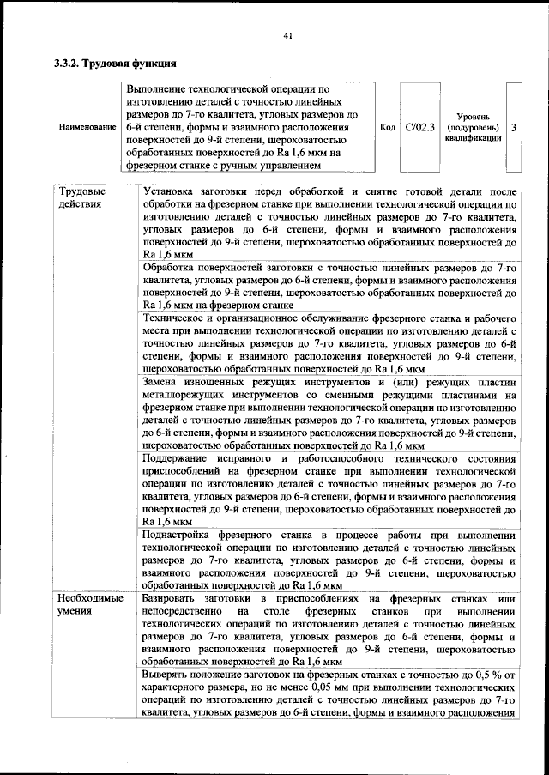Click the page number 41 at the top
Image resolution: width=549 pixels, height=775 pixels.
[x=287, y=35]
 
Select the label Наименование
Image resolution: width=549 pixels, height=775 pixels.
[x=87, y=127]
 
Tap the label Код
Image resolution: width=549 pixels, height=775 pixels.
[x=387, y=127]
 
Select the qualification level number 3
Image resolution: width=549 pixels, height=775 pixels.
[x=513, y=127]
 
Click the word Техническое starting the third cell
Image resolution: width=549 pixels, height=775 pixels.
[x=177, y=318]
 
